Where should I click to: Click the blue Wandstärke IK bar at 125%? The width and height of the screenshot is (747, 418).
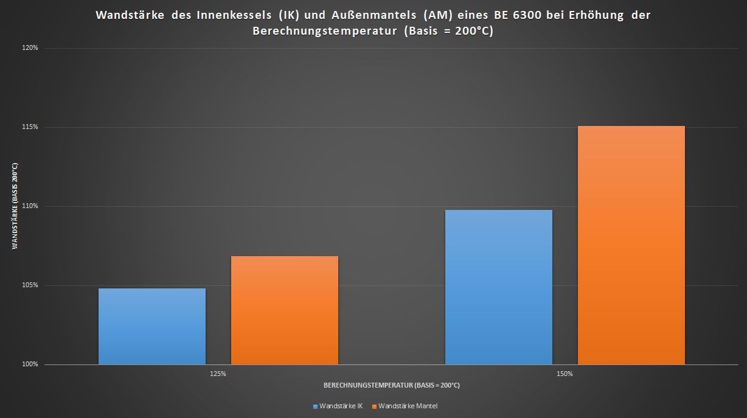[152, 326]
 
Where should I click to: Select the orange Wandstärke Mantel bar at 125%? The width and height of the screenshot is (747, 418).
[285, 310]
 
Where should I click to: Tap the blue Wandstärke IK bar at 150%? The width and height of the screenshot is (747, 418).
[499, 287]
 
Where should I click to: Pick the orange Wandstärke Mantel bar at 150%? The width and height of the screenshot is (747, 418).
[631, 245]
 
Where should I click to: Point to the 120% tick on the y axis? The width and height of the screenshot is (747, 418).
[30, 48]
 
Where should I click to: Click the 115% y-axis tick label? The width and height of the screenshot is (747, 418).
[30, 127]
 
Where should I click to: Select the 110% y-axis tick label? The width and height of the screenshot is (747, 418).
[30, 206]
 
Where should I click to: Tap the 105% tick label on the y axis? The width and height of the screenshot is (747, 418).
[30, 285]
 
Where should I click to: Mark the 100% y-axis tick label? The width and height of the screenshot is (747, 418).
[30, 364]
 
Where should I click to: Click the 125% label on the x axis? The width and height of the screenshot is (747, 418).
[218, 374]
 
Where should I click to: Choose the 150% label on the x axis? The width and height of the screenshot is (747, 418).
[565, 374]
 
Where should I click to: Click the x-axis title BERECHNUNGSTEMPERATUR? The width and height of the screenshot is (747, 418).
[391, 385]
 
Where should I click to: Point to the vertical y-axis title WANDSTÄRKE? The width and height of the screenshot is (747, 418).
[15, 206]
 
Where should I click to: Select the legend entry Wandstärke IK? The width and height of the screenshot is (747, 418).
[341, 406]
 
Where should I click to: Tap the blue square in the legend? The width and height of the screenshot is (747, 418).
[315, 406]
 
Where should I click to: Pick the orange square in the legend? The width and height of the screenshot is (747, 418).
[374, 406]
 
